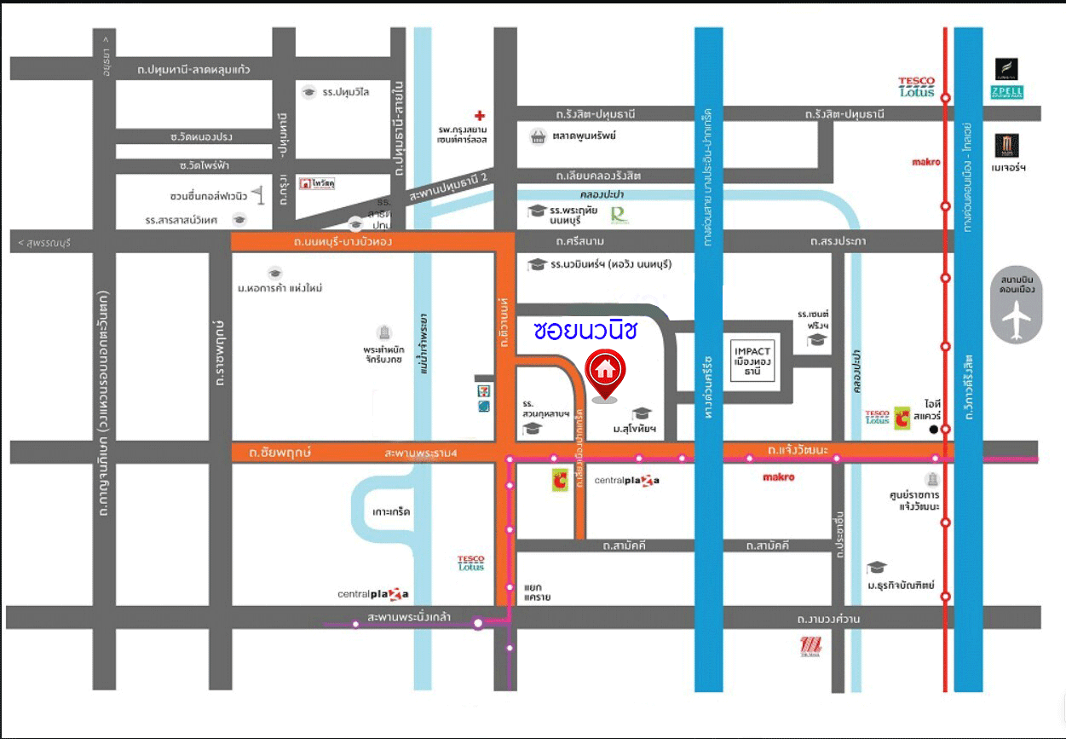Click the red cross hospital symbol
pos(480,114)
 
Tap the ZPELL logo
pos(1006,91)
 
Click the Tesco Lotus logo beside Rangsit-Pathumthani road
pos(916,86)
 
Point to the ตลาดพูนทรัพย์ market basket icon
pos(537,136)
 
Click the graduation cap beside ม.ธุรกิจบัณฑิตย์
pos(876,568)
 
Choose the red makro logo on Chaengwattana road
pos(779,477)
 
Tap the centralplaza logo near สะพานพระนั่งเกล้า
pos(373,593)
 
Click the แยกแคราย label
pos(537,592)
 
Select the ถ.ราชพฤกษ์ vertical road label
pos(220,354)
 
